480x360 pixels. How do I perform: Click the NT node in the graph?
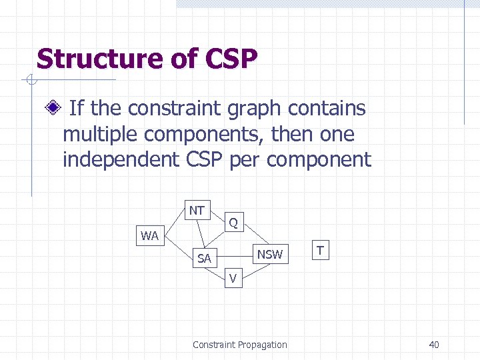tap(197, 211)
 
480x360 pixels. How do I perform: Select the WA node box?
tap(149, 235)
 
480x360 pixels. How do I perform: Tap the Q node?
tap(233, 222)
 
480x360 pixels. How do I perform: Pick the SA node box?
tap(204, 259)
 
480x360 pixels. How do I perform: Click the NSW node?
tap(269, 254)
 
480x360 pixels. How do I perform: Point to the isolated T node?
tap(321, 251)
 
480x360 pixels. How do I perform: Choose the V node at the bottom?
tap(233, 279)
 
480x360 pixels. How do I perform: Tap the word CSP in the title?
tap(231, 59)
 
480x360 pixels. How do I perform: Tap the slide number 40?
tap(434, 345)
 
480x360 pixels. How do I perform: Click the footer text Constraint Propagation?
tap(240, 345)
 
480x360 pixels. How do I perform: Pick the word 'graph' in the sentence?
tap(280, 108)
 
